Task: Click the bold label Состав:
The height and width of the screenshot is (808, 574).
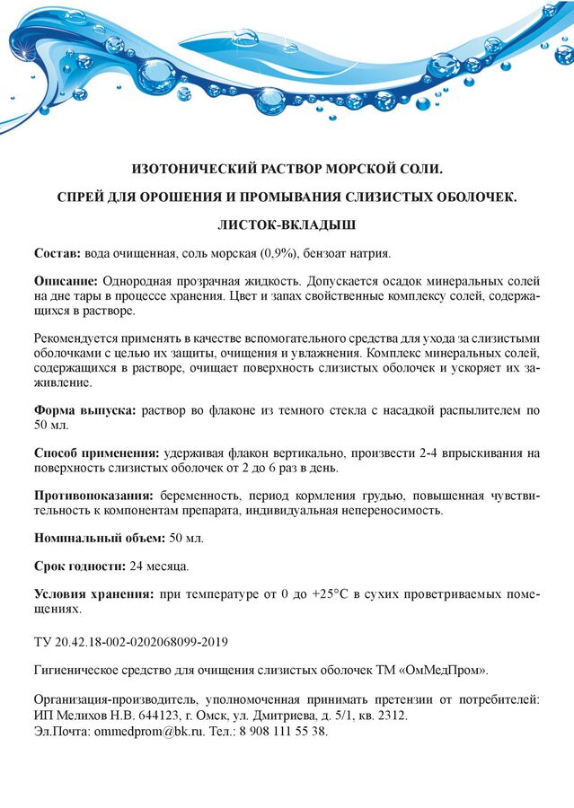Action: (x=57, y=254)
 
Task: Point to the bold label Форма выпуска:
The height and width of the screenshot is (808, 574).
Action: (x=85, y=410)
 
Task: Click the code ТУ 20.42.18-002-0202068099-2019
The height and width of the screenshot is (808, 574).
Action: (x=131, y=642)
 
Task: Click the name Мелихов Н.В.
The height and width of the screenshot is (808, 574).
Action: (x=88, y=716)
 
